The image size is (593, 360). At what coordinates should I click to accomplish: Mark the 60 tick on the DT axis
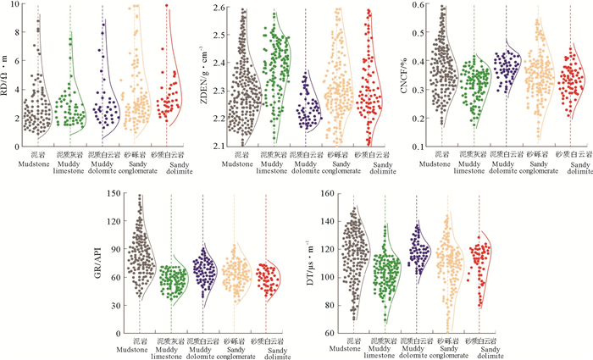coord(327,333)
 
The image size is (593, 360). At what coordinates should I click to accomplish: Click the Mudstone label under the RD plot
coord(36,164)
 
